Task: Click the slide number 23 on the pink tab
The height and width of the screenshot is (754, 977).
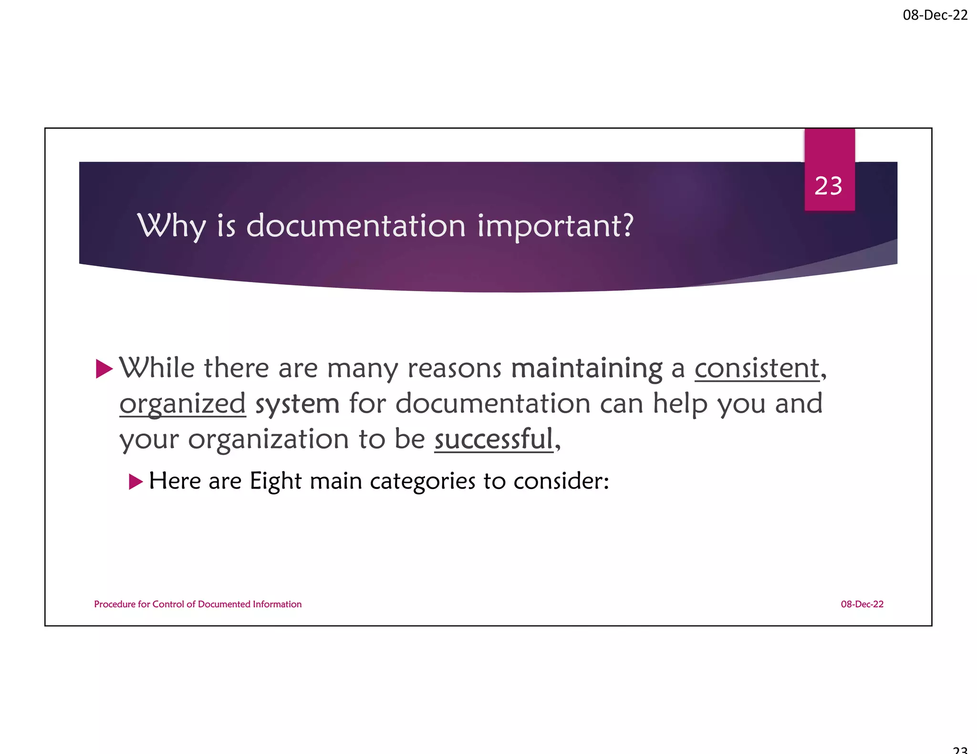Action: (829, 186)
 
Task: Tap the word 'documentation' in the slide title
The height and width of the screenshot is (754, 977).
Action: (356, 225)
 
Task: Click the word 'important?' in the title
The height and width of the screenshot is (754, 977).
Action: (556, 226)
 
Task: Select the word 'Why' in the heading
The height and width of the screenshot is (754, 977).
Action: (172, 225)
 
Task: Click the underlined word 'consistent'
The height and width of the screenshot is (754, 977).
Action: (757, 368)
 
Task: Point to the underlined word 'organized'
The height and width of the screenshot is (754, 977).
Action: (183, 404)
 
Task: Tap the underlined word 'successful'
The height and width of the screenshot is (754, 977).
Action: (494, 439)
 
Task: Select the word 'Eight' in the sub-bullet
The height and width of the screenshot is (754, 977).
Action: (276, 481)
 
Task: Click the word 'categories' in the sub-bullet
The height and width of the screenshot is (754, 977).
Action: (423, 481)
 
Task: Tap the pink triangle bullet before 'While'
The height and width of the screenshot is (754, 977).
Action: (104, 369)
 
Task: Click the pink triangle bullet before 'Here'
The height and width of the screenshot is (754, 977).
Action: (135, 482)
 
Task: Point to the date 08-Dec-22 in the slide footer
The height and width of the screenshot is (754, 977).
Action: (862, 604)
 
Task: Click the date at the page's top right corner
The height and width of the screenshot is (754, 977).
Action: (935, 15)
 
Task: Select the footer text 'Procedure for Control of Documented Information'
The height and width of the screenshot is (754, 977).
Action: (198, 604)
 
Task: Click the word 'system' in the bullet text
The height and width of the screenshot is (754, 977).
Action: (297, 404)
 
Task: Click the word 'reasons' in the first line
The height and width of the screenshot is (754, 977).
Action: (455, 369)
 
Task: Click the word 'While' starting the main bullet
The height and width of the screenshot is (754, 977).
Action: (157, 368)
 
